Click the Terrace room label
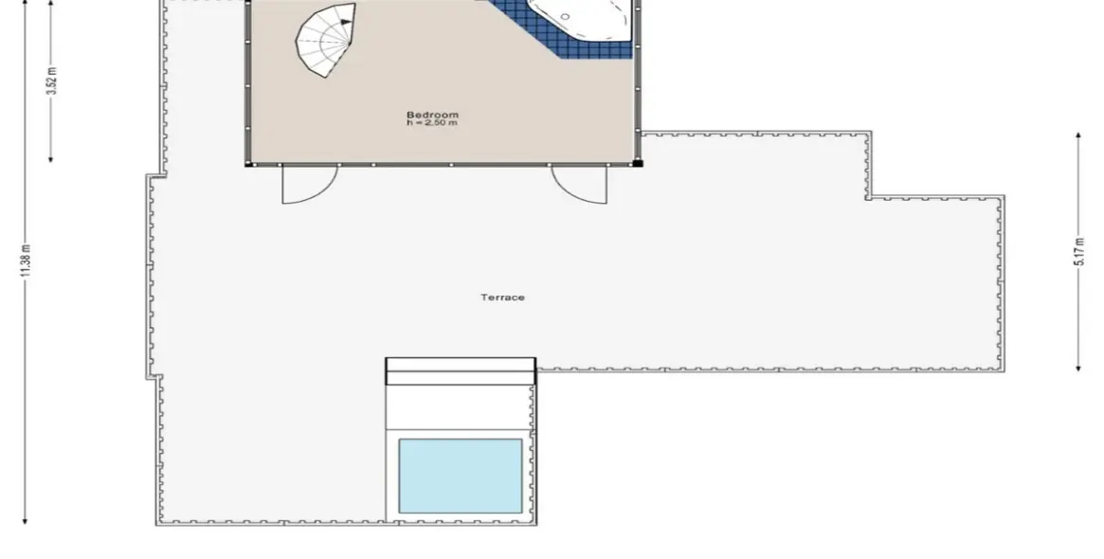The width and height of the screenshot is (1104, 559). [x=502, y=298]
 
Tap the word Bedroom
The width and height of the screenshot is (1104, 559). [x=432, y=115]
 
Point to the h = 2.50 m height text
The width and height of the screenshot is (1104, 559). [x=432, y=123]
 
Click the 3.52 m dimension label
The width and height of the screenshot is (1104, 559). [x=51, y=81]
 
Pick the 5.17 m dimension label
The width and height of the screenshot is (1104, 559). [x=1078, y=251]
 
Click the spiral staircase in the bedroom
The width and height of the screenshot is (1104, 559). [x=326, y=40]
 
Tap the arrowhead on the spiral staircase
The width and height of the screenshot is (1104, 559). [x=346, y=22]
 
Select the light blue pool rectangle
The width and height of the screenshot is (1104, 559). [x=461, y=476]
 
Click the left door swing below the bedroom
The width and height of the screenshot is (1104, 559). [x=308, y=185]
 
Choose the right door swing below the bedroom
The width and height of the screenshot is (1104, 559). [x=580, y=185]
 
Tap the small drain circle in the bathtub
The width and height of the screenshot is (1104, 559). [x=565, y=17]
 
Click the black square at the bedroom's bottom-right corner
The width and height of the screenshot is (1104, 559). [x=637, y=163]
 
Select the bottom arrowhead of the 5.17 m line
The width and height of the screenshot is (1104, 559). [x=1078, y=366]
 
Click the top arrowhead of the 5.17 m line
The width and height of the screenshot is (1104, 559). [x=1078, y=136]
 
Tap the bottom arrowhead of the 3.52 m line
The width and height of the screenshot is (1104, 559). [x=51, y=158]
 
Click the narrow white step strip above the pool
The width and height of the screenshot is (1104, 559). [x=461, y=364]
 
